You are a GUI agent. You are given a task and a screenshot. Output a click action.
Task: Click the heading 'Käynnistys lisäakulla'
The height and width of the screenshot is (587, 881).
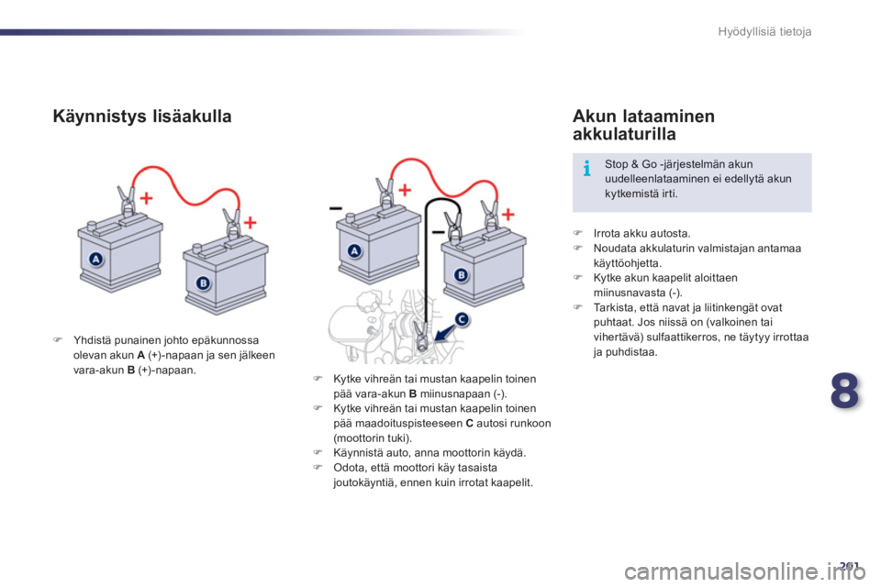click(x=142, y=116)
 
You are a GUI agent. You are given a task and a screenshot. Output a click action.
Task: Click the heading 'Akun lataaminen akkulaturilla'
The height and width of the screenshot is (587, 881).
click(x=643, y=125)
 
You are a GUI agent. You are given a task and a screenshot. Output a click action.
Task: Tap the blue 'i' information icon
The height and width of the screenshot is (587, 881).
click(x=586, y=168)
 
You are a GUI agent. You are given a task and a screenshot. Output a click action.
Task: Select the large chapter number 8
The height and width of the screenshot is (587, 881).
click(x=844, y=391)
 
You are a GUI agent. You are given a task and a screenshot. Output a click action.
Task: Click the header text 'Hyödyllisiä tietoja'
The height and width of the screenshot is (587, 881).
click(x=764, y=31)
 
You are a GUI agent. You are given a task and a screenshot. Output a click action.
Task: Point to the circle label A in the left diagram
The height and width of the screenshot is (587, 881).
click(x=96, y=259)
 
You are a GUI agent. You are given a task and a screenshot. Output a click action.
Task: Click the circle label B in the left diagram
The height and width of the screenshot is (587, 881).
click(x=203, y=282)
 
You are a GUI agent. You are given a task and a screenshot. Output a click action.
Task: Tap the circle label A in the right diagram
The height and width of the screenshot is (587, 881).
click(x=354, y=251)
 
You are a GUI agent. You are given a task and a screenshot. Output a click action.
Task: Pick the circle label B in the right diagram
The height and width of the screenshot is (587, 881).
click(x=461, y=274)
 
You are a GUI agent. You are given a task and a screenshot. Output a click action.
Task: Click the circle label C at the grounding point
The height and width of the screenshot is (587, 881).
click(x=461, y=319)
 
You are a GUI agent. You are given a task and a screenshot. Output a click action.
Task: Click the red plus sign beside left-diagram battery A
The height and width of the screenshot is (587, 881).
click(x=146, y=198)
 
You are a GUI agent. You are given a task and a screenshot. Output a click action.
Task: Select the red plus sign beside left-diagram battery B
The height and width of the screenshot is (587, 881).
click(x=250, y=223)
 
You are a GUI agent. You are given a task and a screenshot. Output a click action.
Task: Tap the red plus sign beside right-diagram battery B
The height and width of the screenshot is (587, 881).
click(x=507, y=214)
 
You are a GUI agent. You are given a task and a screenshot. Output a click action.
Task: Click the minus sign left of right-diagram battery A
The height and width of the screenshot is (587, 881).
click(x=336, y=208)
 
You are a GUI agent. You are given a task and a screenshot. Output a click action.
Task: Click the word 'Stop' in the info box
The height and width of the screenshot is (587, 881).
click(x=616, y=164)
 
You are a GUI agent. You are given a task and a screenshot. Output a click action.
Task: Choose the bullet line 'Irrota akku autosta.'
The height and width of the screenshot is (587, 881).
click(x=641, y=233)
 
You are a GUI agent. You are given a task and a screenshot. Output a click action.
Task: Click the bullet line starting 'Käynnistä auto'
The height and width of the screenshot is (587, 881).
click(x=429, y=453)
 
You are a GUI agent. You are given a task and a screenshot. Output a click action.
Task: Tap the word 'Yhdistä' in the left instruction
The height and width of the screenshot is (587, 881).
click(x=92, y=340)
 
